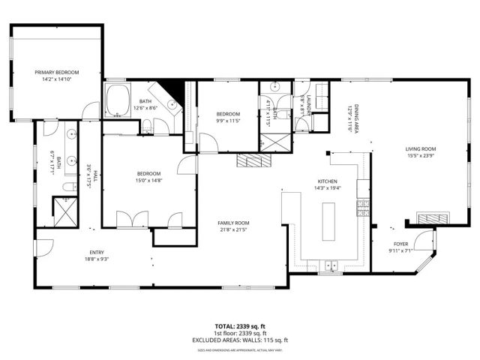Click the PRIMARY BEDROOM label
[56, 72]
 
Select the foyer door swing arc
[425, 240]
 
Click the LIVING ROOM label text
[421, 149]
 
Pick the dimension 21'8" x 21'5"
[233, 231]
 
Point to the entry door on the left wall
[42, 247]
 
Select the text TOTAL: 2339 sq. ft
[240, 327]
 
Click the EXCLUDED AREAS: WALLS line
[240, 340]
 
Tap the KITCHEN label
[327, 181]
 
